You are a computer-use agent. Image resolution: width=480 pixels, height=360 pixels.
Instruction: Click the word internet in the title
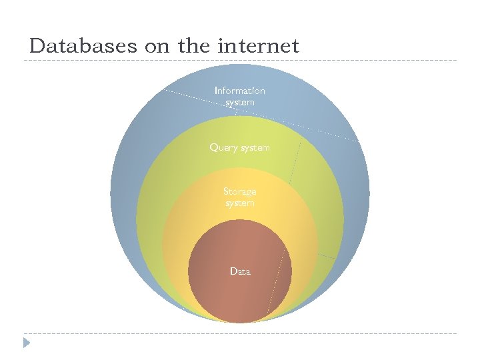point(259,46)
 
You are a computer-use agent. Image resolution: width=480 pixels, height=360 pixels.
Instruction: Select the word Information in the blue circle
point(239,91)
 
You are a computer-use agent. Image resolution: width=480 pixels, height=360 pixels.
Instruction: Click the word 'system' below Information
point(239,103)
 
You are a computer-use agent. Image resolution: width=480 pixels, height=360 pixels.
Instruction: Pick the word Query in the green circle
point(223,147)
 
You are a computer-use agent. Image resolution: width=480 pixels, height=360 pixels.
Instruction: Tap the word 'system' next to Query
point(255,147)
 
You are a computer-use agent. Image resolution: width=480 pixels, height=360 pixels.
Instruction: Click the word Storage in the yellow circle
point(239,192)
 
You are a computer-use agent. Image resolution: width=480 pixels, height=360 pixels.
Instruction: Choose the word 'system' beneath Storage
point(239,203)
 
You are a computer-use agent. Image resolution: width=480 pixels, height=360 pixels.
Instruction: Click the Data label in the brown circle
point(239,271)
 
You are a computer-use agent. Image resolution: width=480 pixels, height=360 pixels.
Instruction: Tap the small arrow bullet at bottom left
point(26,343)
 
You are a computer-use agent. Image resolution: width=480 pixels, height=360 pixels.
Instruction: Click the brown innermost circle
point(220,293)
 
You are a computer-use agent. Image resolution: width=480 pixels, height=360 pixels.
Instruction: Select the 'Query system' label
point(239,147)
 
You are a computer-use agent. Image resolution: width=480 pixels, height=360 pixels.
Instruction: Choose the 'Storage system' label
point(239,197)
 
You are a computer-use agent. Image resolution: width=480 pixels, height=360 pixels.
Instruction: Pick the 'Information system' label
point(239,97)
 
